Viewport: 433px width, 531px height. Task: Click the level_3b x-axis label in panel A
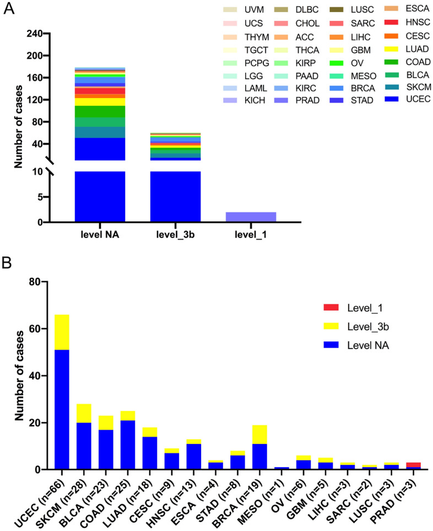(x=175, y=234)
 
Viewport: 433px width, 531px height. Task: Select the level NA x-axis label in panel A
(x=100, y=234)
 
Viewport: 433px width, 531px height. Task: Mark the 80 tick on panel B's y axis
(x=34, y=282)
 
